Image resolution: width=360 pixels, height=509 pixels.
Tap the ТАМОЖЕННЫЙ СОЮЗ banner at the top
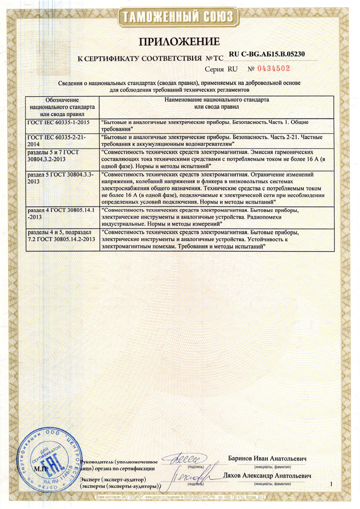click(180, 18)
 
